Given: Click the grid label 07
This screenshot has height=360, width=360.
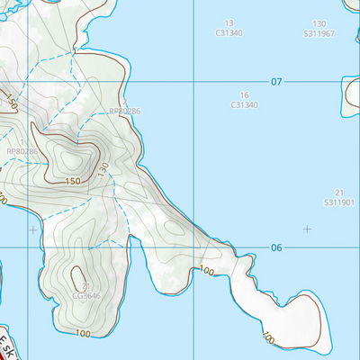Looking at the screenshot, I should click(x=276, y=82).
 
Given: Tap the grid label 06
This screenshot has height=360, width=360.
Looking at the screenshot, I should click(x=276, y=247).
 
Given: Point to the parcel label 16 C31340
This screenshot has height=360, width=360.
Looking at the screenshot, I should click(x=244, y=100).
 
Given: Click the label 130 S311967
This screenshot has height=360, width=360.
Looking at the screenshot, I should click(x=319, y=28).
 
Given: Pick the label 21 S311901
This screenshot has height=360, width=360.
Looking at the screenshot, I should click(x=339, y=198).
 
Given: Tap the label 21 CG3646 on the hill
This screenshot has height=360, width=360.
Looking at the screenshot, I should click(x=86, y=291).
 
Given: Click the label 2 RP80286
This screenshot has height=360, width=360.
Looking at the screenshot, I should click(x=124, y=111).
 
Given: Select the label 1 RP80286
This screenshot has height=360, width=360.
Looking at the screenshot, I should click(x=22, y=151).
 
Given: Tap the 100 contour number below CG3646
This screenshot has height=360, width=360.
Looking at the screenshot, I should click(x=83, y=334).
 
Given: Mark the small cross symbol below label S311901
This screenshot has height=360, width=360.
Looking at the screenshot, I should click(x=307, y=229).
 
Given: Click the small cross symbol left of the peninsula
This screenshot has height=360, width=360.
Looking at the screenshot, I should click(x=33, y=230).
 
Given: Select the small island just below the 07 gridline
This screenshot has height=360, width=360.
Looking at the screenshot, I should click(x=351, y=94).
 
